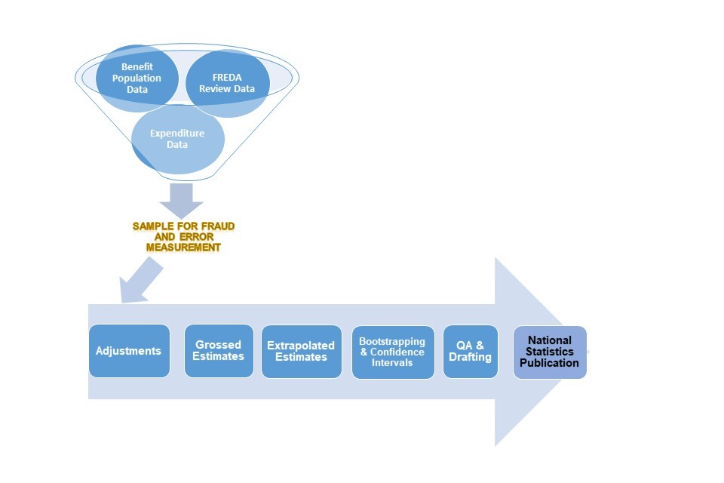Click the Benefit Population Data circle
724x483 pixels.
pyautogui.click(x=137, y=78)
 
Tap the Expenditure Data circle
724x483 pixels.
pyautogui.click(x=177, y=139)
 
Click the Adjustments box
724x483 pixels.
pyautogui.click(x=129, y=351)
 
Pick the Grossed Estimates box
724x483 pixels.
pyautogui.click(x=219, y=351)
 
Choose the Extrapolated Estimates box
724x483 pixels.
pyautogui.click(x=301, y=351)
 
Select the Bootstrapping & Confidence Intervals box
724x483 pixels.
pyautogui.click(x=392, y=352)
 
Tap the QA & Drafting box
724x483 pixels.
pyautogui.click(x=470, y=351)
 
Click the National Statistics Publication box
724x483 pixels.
pyautogui.click(x=550, y=352)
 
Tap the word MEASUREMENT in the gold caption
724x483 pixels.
pyautogui.click(x=183, y=247)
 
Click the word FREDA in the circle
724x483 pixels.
pyautogui.click(x=227, y=78)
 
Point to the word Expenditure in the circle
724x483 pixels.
pyautogui.click(x=177, y=134)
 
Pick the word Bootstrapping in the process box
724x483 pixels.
pyautogui.click(x=392, y=342)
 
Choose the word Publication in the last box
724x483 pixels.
pyautogui.click(x=550, y=363)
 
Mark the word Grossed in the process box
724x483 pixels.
pyautogui.click(x=219, y=345)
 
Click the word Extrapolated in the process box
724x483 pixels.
pyautogui.click(x=301, y=346)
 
